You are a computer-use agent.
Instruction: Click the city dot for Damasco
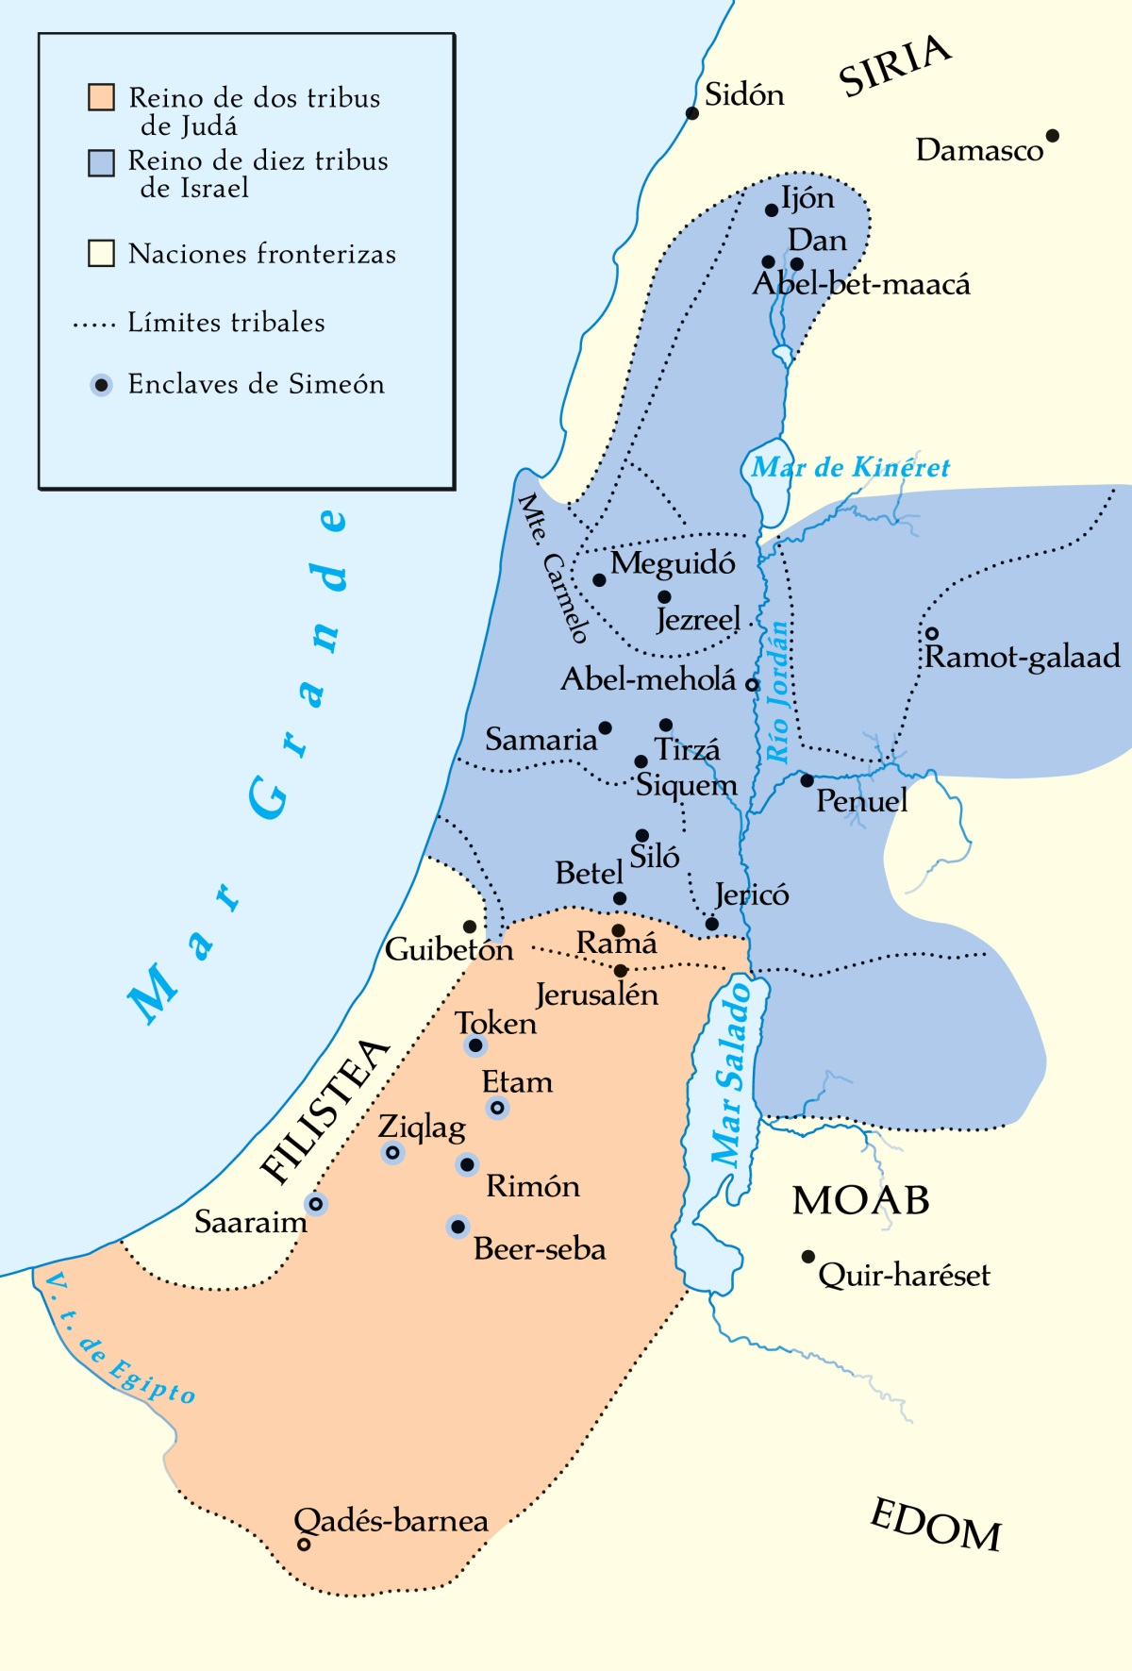point(1053,136)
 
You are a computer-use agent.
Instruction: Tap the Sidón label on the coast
point(744,94)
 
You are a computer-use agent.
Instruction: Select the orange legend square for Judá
point(101,97)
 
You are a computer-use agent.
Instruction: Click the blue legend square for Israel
point(101,162)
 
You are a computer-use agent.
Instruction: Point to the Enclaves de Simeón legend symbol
point(101,385)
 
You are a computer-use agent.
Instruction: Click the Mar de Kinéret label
point(850,467)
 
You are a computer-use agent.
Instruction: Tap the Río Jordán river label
point(777,691)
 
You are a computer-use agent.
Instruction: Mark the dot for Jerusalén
point(621,970)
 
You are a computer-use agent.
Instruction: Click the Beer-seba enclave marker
point(458,1227)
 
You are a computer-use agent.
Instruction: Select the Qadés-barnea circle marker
point(304,1545)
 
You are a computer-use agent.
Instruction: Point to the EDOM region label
point(935,1526)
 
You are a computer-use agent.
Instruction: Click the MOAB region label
point(860,1200)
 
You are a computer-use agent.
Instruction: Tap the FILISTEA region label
point(325,1111)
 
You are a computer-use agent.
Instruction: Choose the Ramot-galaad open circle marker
point(931,633)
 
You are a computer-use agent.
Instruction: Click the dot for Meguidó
point(599,580)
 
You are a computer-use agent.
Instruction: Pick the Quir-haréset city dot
point(807,1257)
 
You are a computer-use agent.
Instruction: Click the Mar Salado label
point(732,1074)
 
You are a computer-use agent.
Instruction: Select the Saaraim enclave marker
point(316,1204)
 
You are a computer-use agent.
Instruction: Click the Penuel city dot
point(807,780)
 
